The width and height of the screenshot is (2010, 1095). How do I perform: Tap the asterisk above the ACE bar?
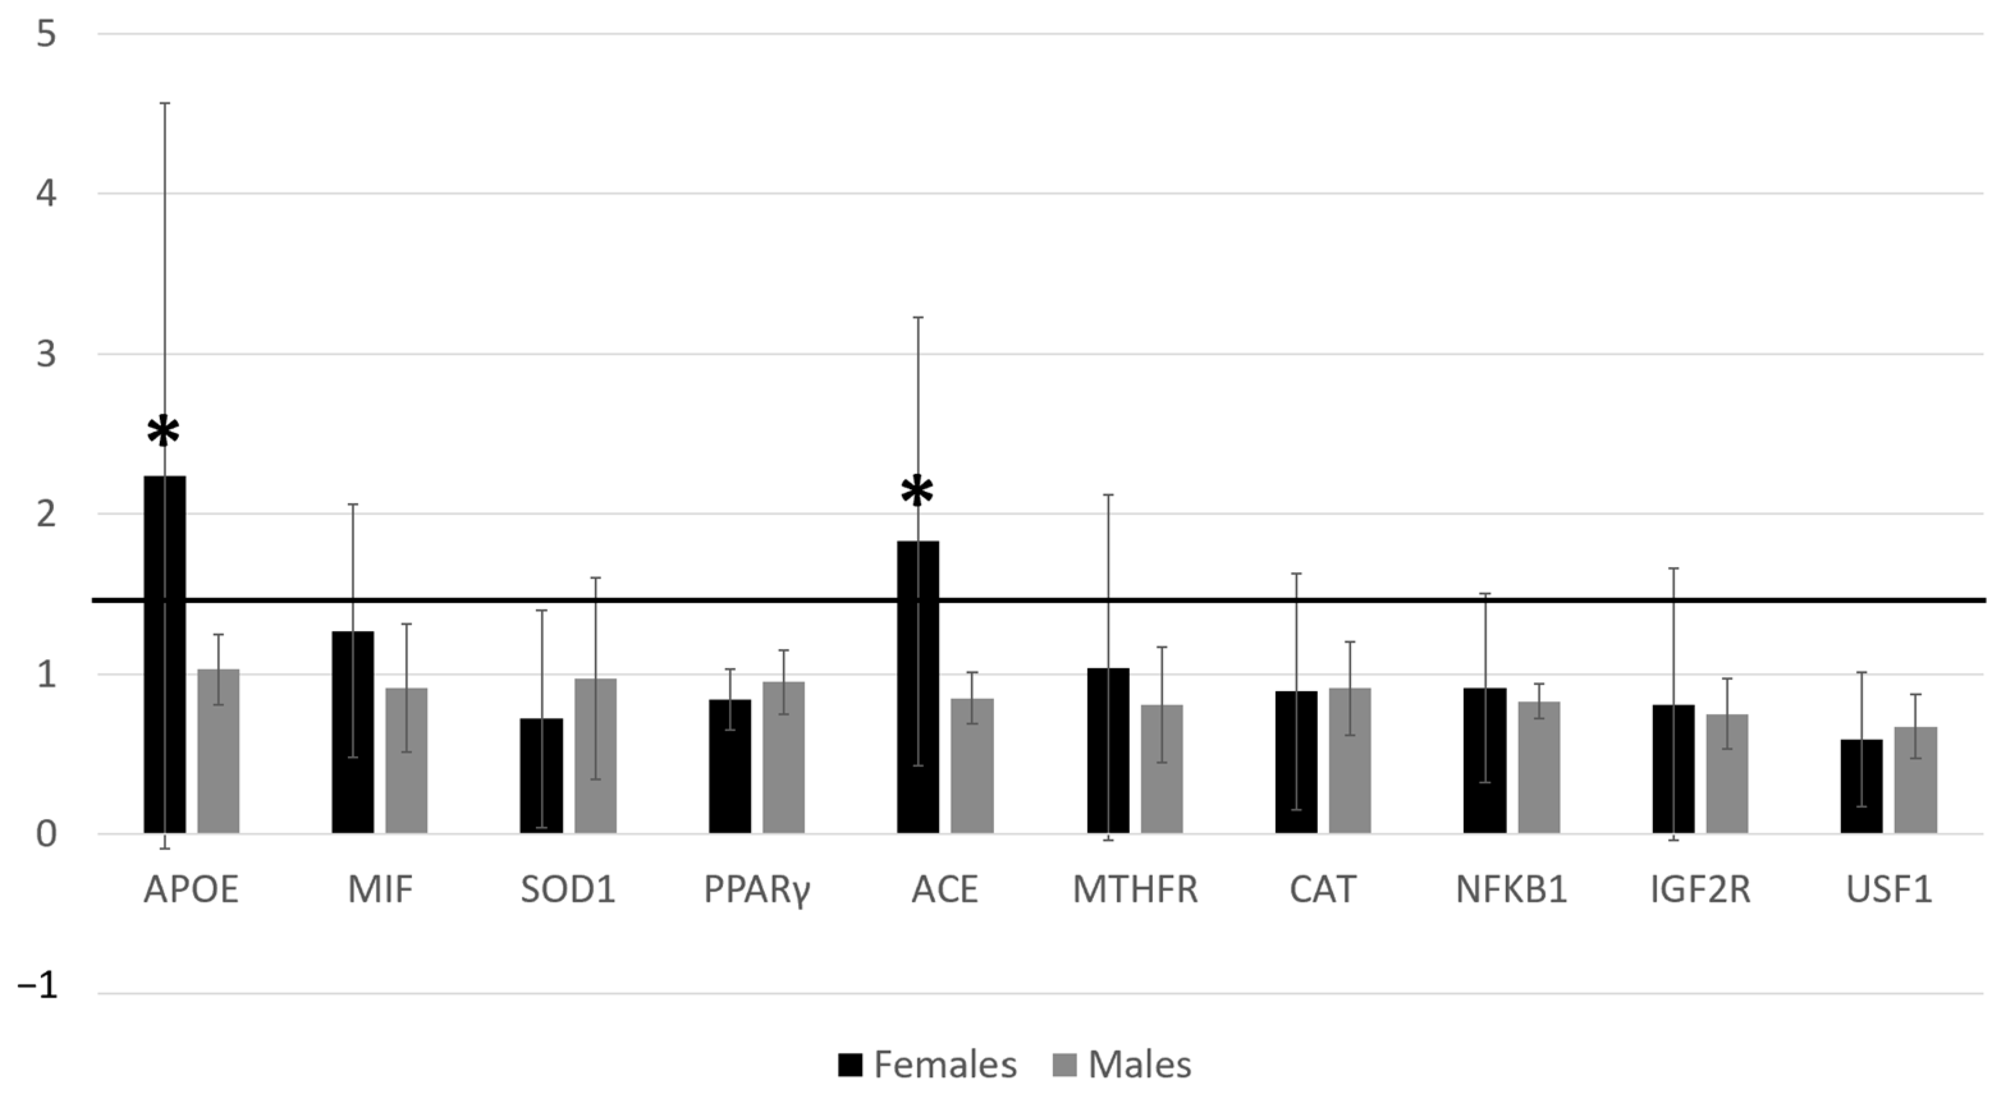click(x=917, y=492)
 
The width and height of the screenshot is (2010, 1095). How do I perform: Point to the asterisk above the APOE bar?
click(x=163, y=431)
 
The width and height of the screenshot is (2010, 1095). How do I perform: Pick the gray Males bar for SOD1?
click(x=596, y=756)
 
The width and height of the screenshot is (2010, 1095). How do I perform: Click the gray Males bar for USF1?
click(x=1915, y=780)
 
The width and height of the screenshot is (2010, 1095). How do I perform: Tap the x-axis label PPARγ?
click(x=757, y=890)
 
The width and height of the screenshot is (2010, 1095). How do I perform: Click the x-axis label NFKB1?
click(x=1512, y=890)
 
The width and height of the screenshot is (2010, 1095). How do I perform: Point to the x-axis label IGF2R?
click(x=1700, y=890)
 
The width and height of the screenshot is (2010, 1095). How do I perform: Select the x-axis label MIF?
click(x=380, y=890)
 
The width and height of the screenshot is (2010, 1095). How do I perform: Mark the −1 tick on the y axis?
click(x=38, y=986)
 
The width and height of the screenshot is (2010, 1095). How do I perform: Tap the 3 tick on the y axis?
click(x=46, y=354)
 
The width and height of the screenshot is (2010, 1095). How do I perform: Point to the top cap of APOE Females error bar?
click(x=164, y=103)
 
